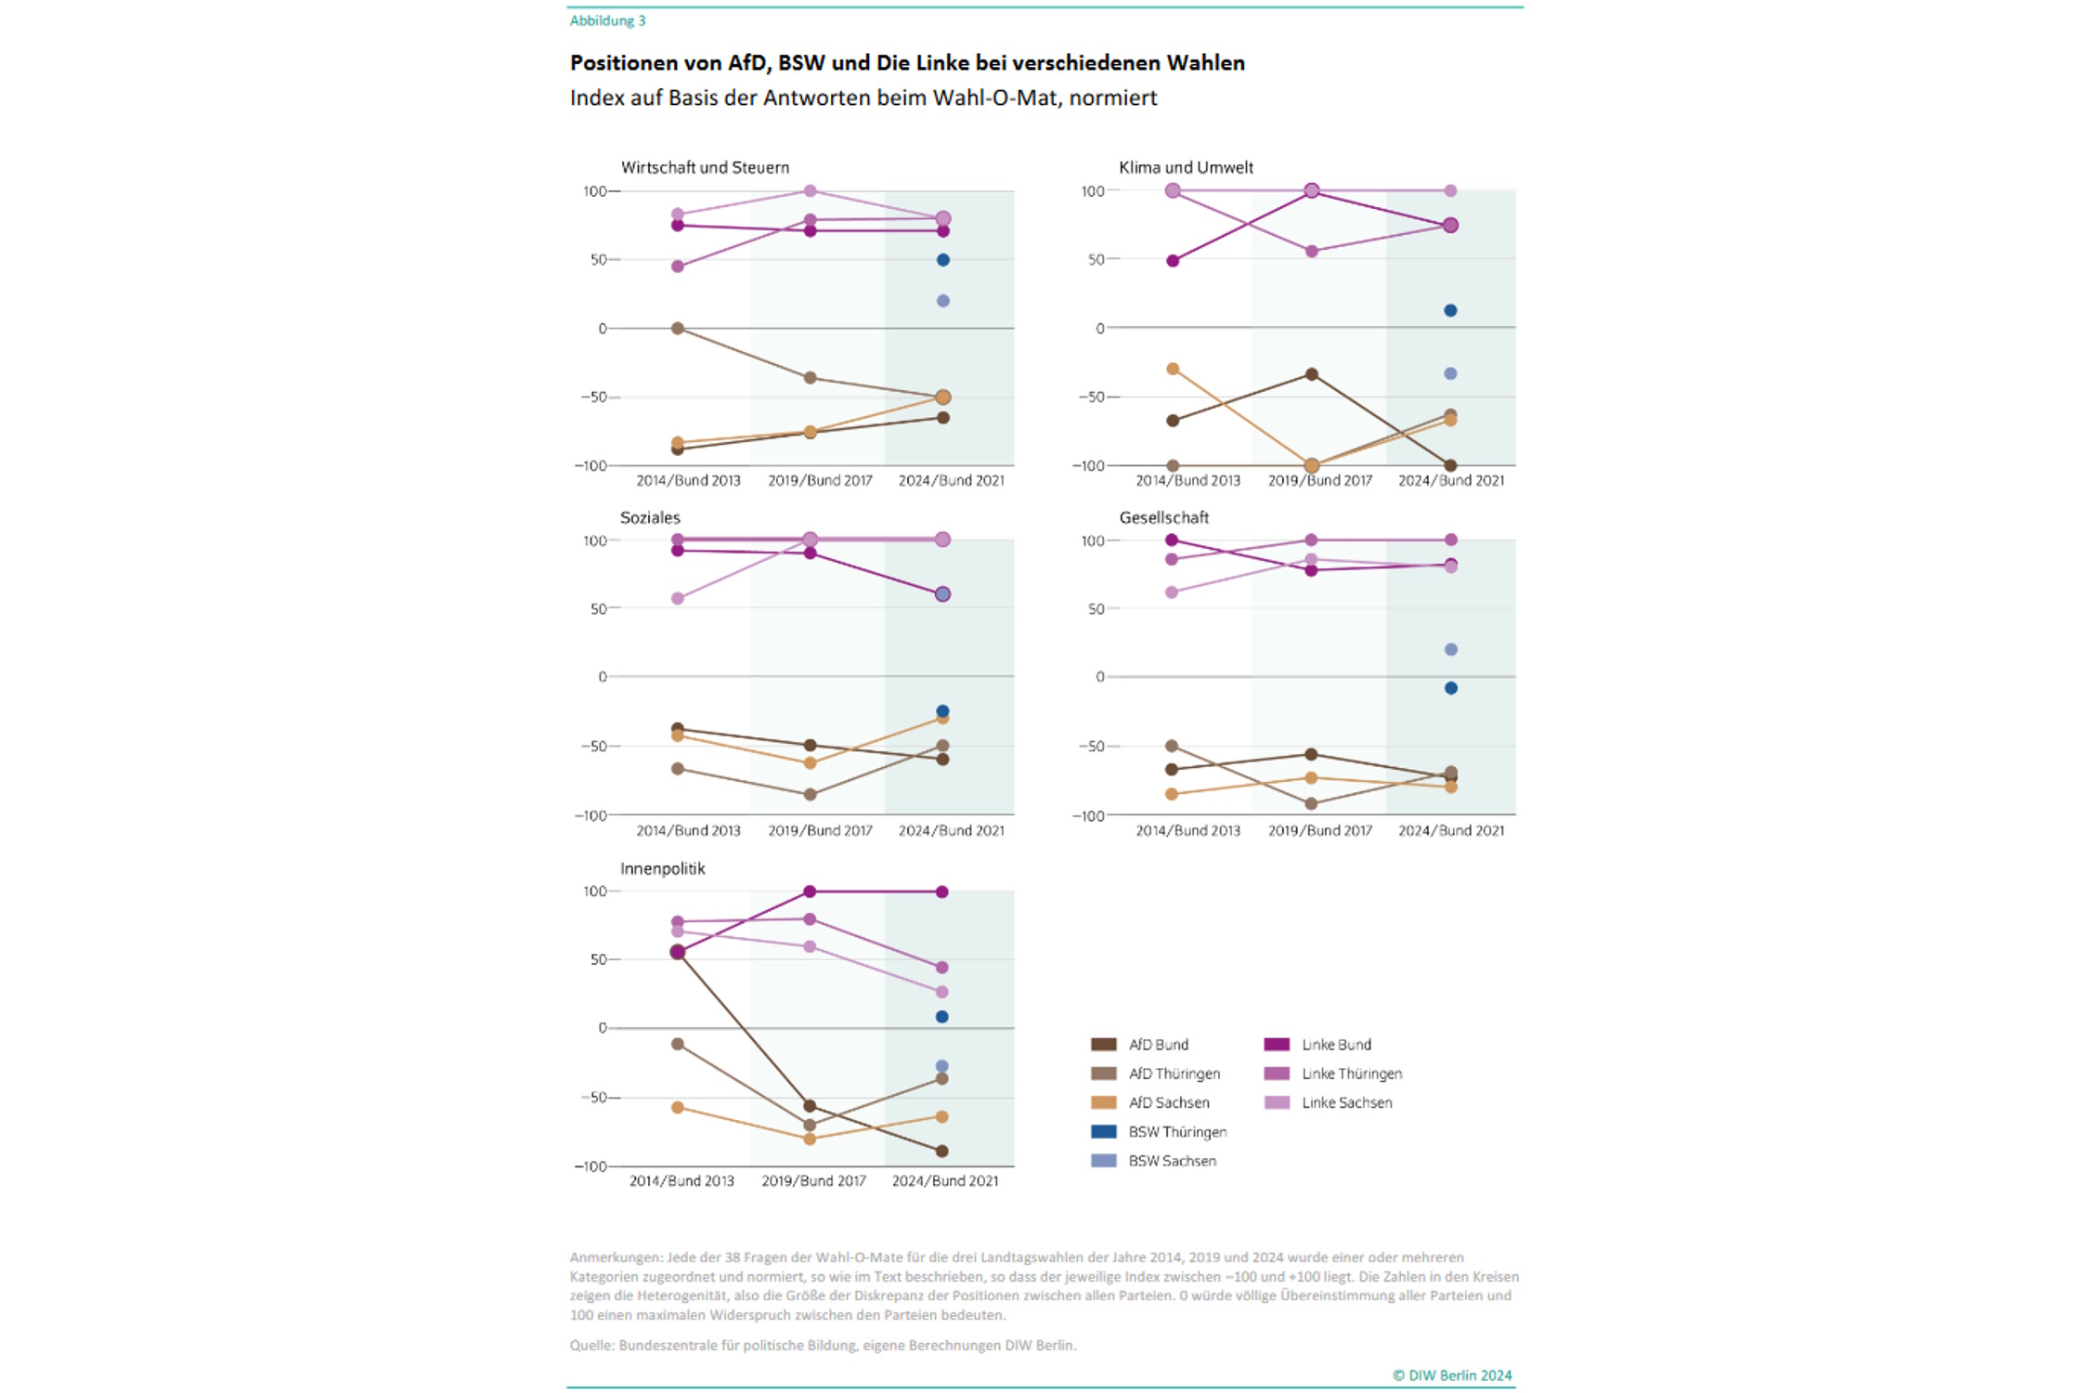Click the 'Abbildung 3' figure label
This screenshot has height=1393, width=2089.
(x=607, y=20)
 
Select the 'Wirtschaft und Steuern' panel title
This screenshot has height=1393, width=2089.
(x=705, y=168)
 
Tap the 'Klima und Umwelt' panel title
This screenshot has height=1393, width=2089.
(x=1186, y=168)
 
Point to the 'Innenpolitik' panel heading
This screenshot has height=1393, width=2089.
(x=662, y=869)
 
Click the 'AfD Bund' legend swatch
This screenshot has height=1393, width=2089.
(x=1103, y=1045)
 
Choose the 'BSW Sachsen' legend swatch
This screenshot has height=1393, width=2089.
(x=1103, y=1161)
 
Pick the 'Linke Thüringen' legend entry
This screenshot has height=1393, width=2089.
(x=1351, y=1074)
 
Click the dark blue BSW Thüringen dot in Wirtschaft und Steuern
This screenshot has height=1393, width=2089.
(x=942, y=260)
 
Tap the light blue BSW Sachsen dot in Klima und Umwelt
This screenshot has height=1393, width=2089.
(x=1450, y=374)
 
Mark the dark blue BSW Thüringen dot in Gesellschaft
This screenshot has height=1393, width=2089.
(x=1450, y=688)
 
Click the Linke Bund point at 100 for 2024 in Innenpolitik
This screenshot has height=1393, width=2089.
(x=941, y=892)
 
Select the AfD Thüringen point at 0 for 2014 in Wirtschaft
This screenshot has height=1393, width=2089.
(x=678, y=329)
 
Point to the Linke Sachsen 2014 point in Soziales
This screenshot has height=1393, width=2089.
(x=678, y=599)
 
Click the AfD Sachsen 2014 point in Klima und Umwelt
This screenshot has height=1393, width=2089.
(x=1173, y=370)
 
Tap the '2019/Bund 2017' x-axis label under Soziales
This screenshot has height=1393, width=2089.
(x=820, y=831)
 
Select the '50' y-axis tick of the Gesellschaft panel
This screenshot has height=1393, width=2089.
(x=1096, y=609)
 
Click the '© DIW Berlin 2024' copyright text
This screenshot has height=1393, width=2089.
(x=1451, y=1375)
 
